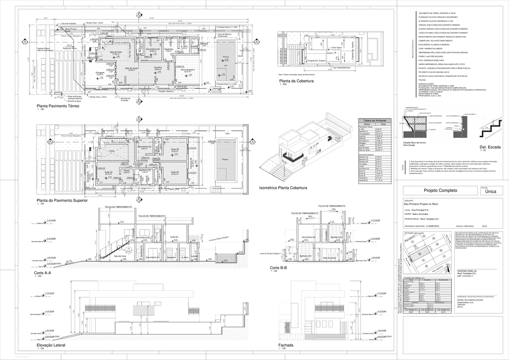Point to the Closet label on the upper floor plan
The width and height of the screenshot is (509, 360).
click(x=126, y=171)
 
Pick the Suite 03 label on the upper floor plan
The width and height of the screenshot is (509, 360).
click(x=174, y=172)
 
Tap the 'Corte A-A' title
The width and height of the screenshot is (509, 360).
click(x=43, y=273)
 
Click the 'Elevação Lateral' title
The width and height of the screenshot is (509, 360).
click(x=51, y=346)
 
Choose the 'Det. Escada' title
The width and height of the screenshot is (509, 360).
click(x=490, y=147)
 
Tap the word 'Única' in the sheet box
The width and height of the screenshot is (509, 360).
click(x=491, y=191)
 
